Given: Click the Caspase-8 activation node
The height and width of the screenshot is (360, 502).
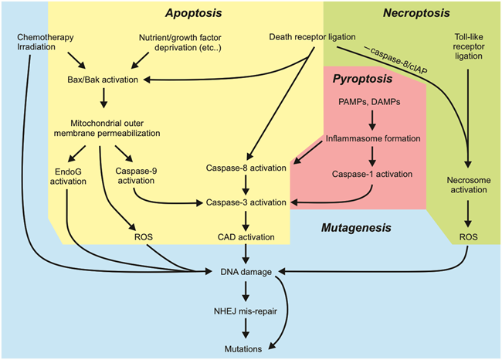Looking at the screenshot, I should tap(246, 167).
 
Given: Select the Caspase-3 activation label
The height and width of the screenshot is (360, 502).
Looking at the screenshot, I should tap(246, 202).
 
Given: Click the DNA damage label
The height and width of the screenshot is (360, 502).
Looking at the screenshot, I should tap(246, 272).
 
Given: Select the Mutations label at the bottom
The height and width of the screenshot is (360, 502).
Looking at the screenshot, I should tap(246, 348).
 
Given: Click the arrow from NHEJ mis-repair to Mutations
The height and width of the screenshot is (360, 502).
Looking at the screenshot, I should tap(246, 330).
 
